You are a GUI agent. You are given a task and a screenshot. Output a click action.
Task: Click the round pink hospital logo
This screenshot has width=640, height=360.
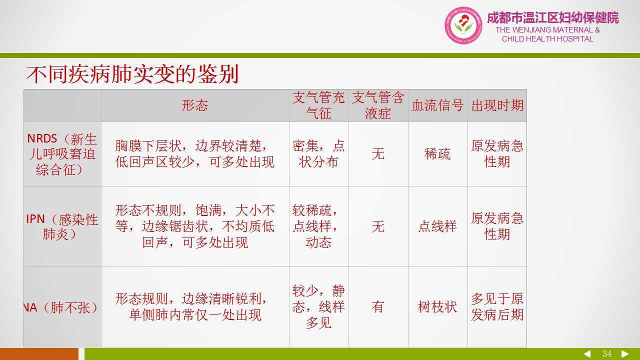463,25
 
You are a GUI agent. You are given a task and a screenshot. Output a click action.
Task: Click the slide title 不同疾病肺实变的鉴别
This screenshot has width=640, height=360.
132,74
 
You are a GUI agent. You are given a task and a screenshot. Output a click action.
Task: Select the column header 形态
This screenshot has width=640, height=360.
195,105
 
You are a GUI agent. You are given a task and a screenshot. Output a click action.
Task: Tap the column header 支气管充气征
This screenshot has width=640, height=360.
318,105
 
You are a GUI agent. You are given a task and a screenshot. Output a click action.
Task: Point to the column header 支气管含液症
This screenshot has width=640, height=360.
378,105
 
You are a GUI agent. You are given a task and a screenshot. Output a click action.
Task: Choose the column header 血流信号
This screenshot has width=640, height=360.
437,105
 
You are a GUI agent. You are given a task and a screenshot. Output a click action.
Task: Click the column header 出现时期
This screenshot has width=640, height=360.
497,105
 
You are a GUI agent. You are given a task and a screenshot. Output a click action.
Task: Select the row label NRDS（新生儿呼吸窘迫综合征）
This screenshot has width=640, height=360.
61,154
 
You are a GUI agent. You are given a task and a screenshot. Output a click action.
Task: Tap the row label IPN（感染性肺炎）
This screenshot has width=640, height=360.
61,227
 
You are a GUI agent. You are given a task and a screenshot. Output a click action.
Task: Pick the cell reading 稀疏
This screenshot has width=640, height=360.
437,154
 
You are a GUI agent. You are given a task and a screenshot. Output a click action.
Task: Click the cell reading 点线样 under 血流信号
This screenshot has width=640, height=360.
437,226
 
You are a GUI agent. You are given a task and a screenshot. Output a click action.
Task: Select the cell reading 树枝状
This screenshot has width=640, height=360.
437,307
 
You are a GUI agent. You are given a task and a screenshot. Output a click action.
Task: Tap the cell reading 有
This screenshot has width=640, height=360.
378,307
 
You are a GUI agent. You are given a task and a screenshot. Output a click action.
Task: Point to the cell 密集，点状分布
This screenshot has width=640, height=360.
318,154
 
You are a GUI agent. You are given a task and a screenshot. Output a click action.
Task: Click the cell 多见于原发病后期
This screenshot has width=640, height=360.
497,307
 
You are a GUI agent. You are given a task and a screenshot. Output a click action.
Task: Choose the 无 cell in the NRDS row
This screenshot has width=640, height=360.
378,154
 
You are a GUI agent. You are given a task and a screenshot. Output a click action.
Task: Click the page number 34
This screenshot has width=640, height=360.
607,354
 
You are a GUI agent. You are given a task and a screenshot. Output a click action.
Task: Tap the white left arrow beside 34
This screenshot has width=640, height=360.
587,354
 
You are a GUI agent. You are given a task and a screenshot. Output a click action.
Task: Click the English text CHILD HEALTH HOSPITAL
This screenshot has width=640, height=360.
547,39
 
